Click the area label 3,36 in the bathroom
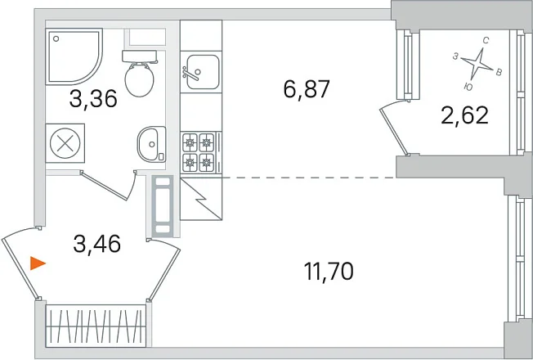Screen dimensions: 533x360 pyautogui.click(x=93, y=99)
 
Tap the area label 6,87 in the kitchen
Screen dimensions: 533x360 pyautogui.click(x=307, y=89)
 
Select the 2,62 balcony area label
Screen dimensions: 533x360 pyautogui.click(x=464, y=115)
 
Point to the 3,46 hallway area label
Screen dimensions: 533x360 pyautogui.click(x=97, y=244)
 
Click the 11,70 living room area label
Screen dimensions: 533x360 pyautogui.click(x=329, y=272)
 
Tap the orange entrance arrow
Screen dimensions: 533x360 pyautogui.click(x=38, y=263)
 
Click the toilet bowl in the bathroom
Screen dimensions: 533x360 pyautogui.click(x=139, y=79)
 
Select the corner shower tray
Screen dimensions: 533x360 pyautogui.click(x=74, y=56)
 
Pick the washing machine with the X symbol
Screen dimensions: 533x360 pyautogui.click(x=65, y=143)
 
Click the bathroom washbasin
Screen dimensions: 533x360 pyautogui.click(x=151, y=144)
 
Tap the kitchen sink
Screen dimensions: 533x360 pyautogui.click(x=201, y=72)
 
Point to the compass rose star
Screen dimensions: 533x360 pyautogui.click(x=477, y=64)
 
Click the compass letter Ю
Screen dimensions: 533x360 pyautogui.click(x=468, y=87)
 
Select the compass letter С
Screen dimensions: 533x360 pyautogui.click(x=486, y=41)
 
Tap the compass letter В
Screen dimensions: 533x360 pyautogui.click(x=499, y=72)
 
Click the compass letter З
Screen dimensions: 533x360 pyautogui.click(x=455, y=56)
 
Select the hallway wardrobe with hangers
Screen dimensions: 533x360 pyautogui.click(x=96, y=326)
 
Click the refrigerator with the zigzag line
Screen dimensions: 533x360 pyautogui.click(x=201, y=199)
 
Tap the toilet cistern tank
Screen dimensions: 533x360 pyautogui.click(x=139, y=56)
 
